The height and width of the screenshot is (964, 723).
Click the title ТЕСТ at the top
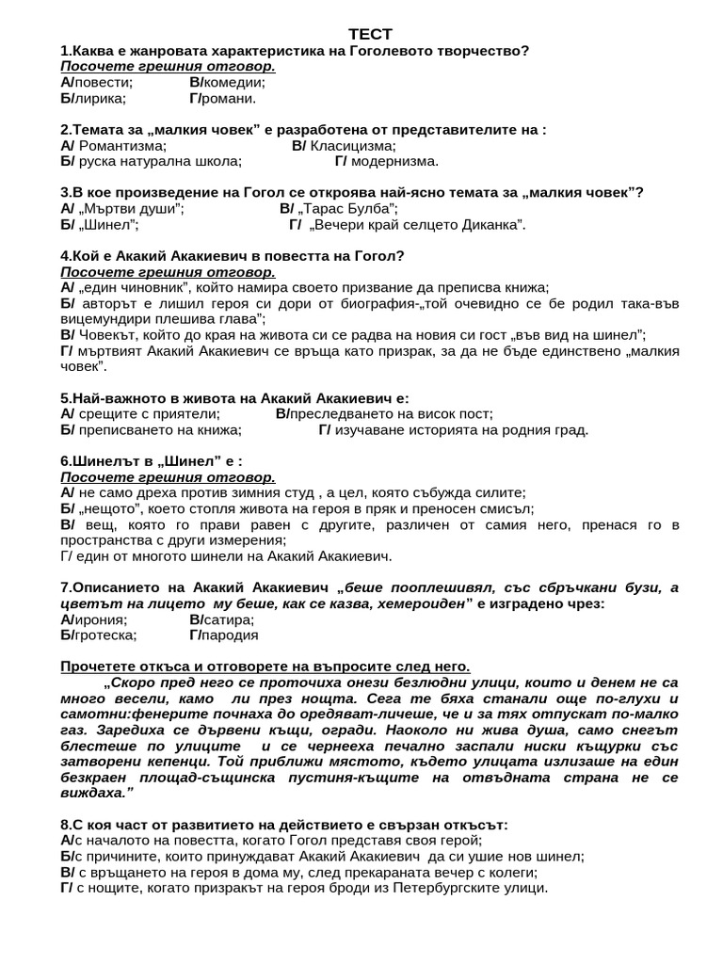click(x=363, y=34)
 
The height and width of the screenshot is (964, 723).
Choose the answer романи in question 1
click(x=230, y=98)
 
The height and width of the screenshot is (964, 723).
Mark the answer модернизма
click(x=394, y=161)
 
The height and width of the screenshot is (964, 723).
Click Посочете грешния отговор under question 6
click(x=168, y=477)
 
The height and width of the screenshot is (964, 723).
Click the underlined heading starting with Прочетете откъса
click(x=265, y=667)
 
